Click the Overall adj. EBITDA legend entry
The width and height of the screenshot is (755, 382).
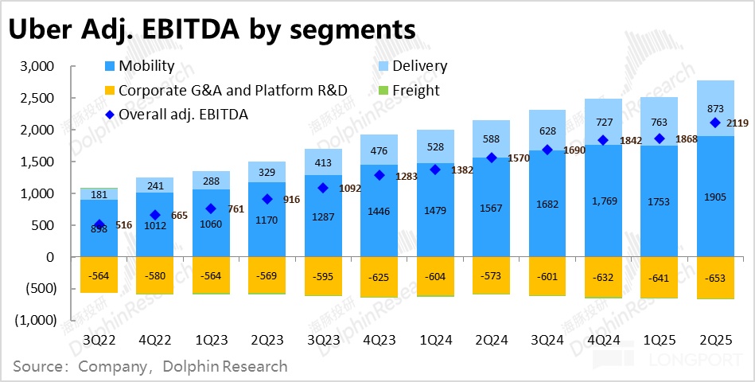point(183,115)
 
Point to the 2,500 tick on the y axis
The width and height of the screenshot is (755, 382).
point(35,98)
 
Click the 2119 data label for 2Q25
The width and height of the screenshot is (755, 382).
point(740,123)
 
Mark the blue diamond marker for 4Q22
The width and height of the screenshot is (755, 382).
point(155,215)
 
